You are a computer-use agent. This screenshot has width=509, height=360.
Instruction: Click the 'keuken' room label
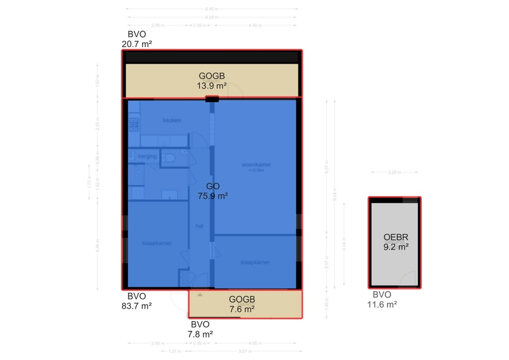click(x=171, y=120)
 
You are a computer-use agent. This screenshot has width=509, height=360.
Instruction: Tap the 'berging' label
click(x=147, y=156)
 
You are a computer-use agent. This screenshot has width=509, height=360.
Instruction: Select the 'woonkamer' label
click(x=256, y=165)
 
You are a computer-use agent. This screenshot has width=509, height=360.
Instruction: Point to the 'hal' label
click(x=199, y=226)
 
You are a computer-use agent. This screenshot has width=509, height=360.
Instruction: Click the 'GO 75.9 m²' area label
click(x=213, y=191)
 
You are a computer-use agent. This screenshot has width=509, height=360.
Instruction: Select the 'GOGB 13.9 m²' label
click(x=212, y=81)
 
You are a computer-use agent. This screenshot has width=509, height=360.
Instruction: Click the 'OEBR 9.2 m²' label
click(x=396, y=241)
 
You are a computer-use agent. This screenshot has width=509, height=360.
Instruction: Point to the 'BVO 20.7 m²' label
click(x=136, y=39)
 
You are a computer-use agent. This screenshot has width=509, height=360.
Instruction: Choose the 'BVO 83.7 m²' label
click(x=136, y=301)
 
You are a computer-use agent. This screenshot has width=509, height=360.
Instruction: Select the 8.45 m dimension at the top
click(x=212, y=8)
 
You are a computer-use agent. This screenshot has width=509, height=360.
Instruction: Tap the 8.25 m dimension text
click(x=212, y=17)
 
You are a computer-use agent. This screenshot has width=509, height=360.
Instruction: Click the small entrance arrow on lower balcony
click(x=200, y=295)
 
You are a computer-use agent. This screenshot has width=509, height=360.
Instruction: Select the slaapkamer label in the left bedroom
click(x=157, y=243)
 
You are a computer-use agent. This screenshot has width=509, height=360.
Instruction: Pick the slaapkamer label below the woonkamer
click(x=254, y=262)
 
